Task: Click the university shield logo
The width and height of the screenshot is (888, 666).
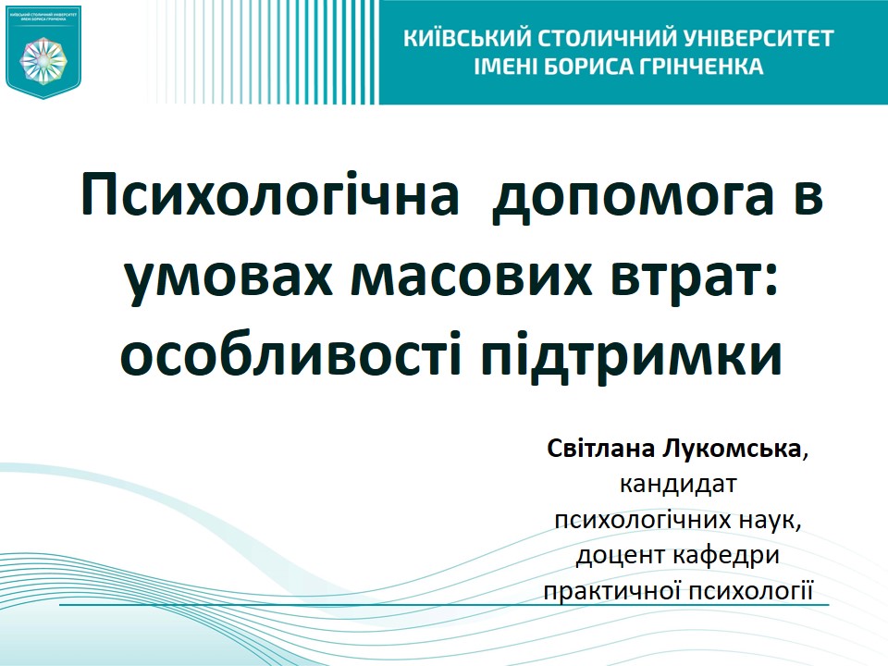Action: click(43, 52)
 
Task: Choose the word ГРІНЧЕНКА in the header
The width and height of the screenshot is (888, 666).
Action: click(700, 67)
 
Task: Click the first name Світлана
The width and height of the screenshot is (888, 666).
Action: click(600, 450)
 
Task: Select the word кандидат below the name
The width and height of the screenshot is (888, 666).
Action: click(682, 485)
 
